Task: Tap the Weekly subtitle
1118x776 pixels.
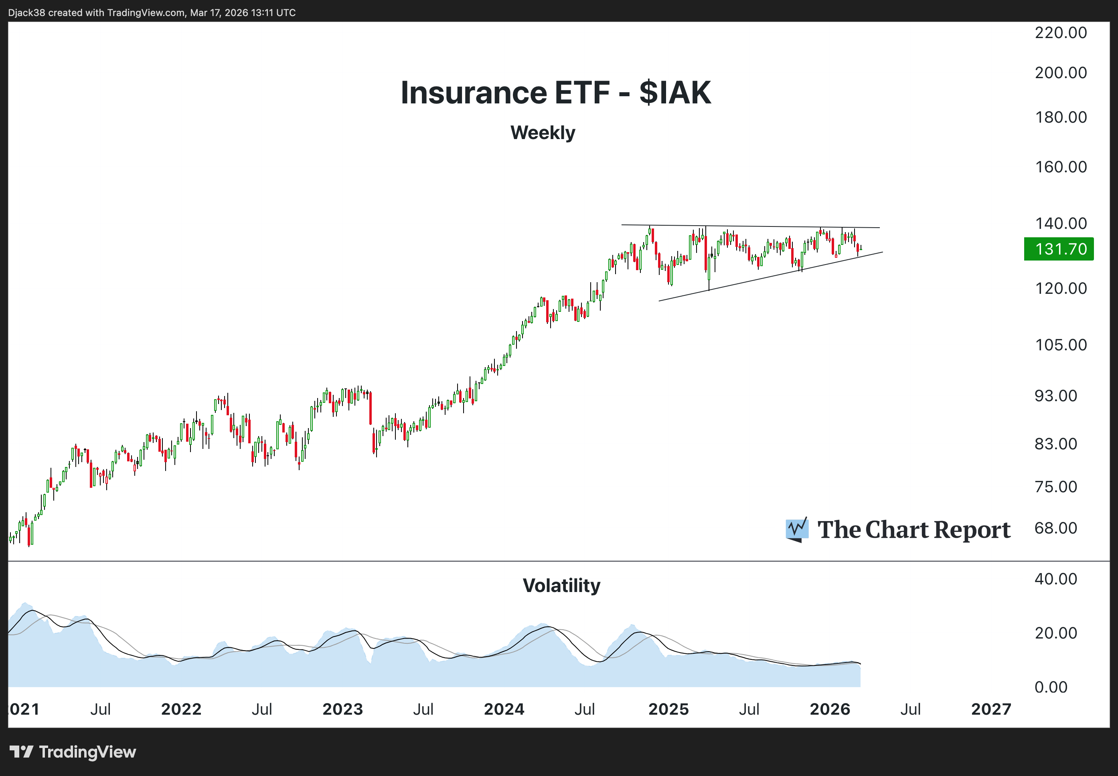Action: coord(543,133)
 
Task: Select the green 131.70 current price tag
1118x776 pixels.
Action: coord(1059,249)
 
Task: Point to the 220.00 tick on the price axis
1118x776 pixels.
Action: coord(1061,32)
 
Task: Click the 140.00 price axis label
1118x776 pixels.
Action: coord(1061,223)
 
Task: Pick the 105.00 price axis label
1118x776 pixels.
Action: coord(1061,345)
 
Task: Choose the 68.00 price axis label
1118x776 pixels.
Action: coord(1056,527)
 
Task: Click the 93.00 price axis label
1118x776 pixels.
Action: coord(1056,395)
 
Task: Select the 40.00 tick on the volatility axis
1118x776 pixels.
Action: coord(1056,579)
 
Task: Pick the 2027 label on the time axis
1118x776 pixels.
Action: coord(991,709)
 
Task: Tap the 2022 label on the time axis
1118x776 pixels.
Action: coord(181,709)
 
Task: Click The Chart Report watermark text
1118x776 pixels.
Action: coord(914,529)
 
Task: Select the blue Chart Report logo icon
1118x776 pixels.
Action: coord(797,529)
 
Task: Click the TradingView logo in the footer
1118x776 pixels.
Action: coord(73,752)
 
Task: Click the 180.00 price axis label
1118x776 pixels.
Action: coord(1061,117)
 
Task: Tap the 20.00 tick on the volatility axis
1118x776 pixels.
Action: coord(1056,633)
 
